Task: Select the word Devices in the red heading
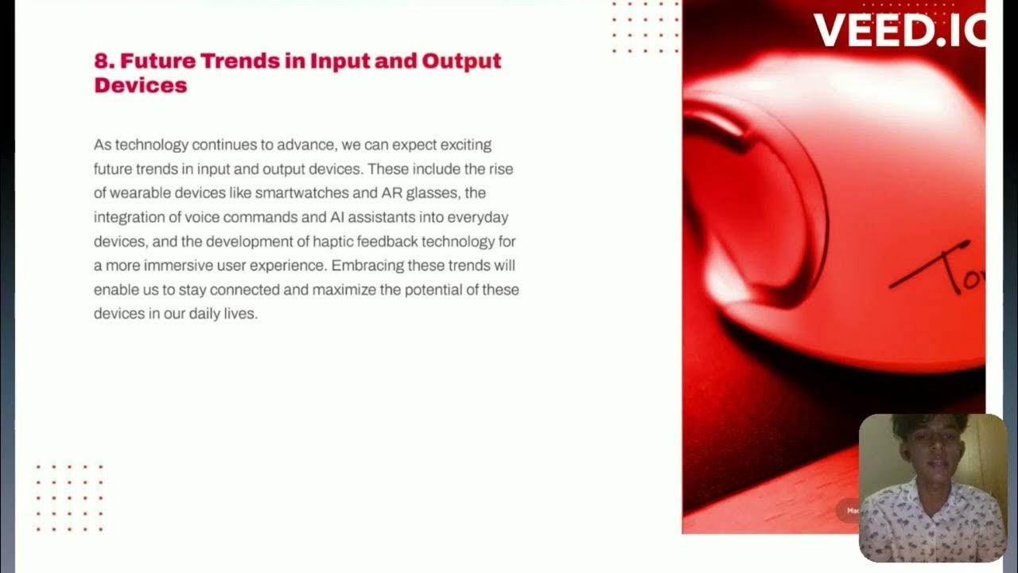(x=140, y=85)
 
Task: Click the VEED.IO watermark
(x=899, y=30)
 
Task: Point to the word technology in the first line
(x=152, y=145)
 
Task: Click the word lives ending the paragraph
(x=242, y=314)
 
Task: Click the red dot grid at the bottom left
(x=69, y=498)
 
